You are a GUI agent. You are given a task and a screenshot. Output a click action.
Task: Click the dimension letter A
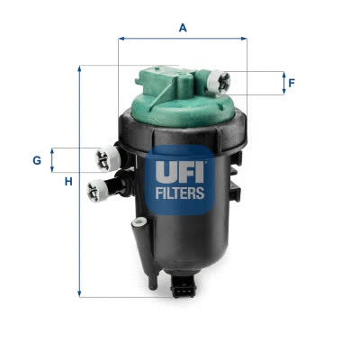[183, 28]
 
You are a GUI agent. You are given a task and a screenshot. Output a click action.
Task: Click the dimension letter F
[292, 83]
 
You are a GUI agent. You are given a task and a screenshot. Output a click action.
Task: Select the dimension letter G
[37, 160]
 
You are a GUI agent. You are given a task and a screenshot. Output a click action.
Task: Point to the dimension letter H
[68, 182]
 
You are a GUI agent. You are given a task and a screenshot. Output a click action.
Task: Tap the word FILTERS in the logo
[180, 193]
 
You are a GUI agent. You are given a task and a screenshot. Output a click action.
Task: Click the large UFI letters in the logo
[180, 172]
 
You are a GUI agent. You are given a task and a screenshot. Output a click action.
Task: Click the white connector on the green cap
[219, 81]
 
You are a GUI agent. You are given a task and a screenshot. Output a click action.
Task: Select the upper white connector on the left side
[108, 158]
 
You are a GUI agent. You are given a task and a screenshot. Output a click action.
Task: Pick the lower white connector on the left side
[97, 191]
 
